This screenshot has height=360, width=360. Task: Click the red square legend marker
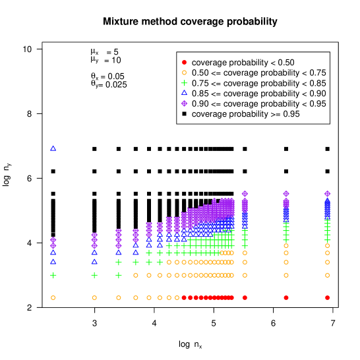pos(184,62)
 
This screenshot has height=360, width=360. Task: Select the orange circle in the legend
pos(184,73)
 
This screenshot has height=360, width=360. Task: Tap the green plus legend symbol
pos(184,83)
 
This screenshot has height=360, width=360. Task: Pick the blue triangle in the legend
pos(184,92)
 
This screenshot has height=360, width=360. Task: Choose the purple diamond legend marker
pos(184,104)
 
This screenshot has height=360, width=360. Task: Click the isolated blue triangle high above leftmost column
pos(53,148)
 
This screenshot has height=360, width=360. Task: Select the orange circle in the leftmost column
pos(53,297)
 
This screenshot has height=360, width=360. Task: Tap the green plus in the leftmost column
pos(53,276)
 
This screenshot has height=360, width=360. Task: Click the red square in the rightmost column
pos(327,297)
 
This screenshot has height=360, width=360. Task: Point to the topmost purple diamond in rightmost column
pos(327,194)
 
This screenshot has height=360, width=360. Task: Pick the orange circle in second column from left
pos(94,297)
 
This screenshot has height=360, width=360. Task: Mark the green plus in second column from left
pos(94,276)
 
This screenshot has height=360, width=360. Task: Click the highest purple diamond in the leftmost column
pos(53,240)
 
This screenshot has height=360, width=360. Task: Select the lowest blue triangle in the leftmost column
pos(53,262)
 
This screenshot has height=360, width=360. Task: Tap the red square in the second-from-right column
pos(286,297)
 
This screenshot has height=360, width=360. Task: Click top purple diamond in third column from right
pos(245,194)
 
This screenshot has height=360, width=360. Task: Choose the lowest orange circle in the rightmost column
pos(327,275)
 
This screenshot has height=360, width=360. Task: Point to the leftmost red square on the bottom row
pos(184,297)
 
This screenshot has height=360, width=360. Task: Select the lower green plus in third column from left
pos(119,276)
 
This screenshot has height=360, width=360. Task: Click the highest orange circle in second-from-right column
pos(286,245)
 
